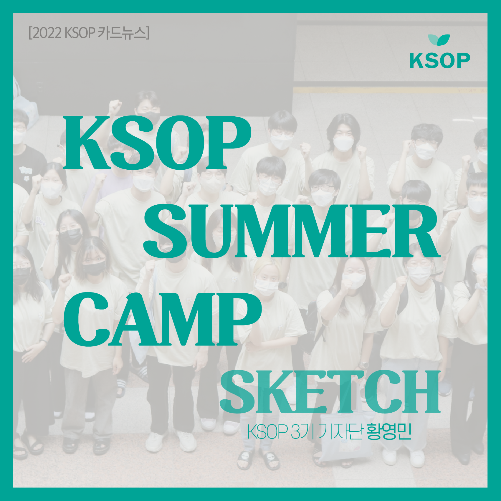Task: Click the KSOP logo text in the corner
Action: coord(439,61)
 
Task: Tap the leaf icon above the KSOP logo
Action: coord(439,40)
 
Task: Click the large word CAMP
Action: coord(162,320)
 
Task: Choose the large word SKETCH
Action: coord(330,392)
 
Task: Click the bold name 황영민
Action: coord(389,432)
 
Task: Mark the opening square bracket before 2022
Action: coord(30,33)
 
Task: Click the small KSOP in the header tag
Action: coord(80,33)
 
